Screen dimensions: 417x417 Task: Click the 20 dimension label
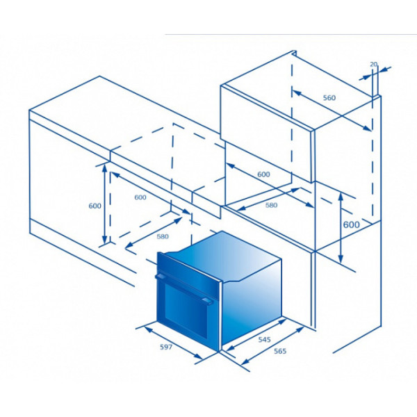[x=373, y=64]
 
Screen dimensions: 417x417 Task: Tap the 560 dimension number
[x=329, y=98]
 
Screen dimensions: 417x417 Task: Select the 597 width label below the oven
[x=166, y=347]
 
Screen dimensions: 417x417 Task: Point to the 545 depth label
[x=264, y=340]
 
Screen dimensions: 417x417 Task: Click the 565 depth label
[x=280, y=351]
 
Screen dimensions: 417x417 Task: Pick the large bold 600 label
[x=351, y=224]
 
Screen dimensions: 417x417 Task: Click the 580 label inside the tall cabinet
[x=271, y=205]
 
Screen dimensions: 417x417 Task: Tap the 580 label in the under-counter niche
[x=163, y=236]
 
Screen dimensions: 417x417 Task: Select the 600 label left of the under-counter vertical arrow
[x=95, y=206]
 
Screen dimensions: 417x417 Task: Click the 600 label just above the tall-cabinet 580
[x=263, y=174]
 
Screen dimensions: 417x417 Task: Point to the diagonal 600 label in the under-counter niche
[x=140, y=197]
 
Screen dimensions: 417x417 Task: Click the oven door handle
[x=184, y=289]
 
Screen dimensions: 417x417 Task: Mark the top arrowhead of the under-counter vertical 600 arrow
[x=104, y=167]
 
